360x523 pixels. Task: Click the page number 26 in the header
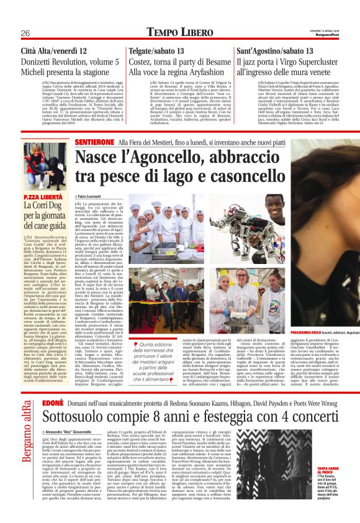coord(25,33)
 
